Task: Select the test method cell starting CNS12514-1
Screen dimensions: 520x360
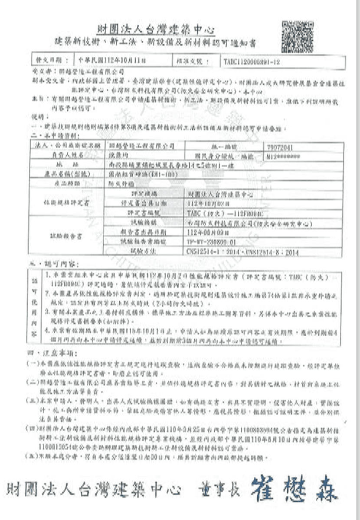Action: pyautogui.click(x=236, y=252)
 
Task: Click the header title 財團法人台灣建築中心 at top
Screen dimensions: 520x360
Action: pyautogui.click(x=156, y=30)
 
